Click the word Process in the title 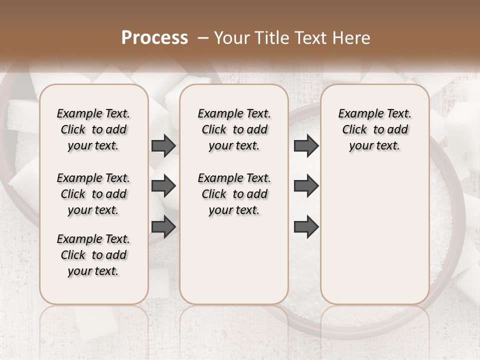[154, 38]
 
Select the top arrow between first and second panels [163, 145]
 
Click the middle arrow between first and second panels [163, 186]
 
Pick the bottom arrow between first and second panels [163, 227]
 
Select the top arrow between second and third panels [306, 145]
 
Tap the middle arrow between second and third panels [306, 186]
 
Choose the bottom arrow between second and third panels [306, 227]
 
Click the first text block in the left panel [93, 129]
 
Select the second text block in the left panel [93, 194]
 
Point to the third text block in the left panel [93, 255]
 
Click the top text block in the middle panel [234, 129]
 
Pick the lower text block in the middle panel [234, 194]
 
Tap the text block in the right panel [374, 129]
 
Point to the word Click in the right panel [354, 130]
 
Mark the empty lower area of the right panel [374, 235]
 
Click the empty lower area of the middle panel [234, 260]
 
